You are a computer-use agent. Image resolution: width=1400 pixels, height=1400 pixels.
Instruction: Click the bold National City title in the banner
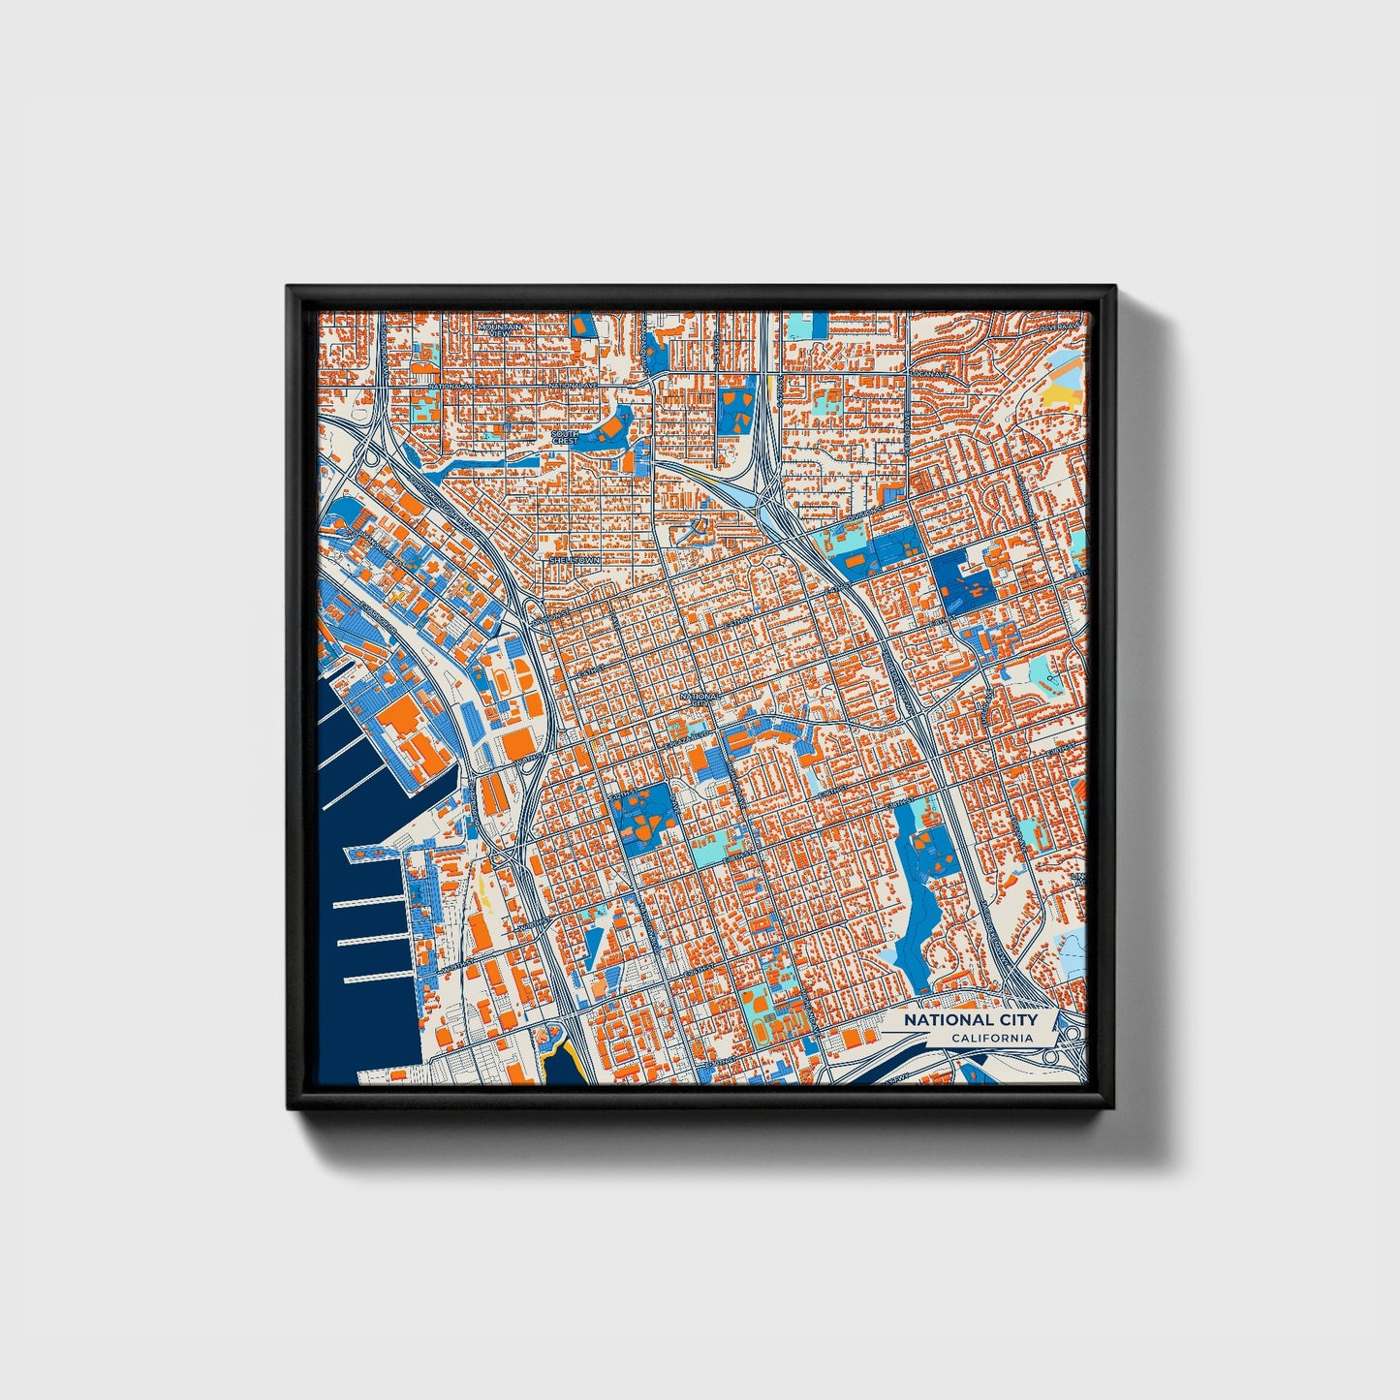(x=970, y=1020)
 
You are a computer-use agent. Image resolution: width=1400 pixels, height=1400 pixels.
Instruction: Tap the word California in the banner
(x=991, y=1039)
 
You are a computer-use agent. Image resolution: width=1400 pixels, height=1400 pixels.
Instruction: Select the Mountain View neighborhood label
(x=500, y=329)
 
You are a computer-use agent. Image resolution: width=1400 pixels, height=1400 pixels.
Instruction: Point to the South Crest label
(x=564, y=437)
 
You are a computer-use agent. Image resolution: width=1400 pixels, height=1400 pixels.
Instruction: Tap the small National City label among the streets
(x=700, y=699)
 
